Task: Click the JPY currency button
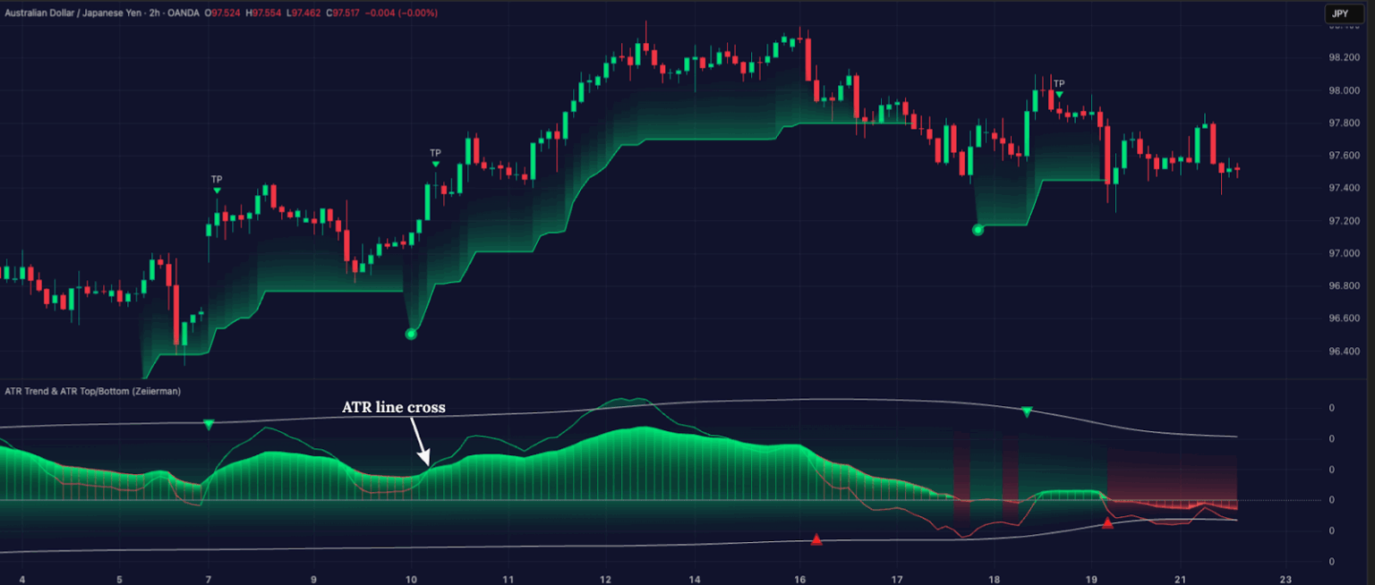1339,13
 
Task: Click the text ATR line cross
394,407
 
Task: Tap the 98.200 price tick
1345,58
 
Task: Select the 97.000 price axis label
1345,254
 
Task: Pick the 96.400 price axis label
1345,352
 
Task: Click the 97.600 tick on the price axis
1345,156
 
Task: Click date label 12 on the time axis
606,580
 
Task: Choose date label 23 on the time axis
1285,580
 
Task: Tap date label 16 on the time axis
799,580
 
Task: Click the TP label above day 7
217,180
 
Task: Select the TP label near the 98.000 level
1059,84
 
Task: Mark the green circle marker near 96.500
411,334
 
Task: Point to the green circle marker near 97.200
978,230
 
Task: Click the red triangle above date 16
816,539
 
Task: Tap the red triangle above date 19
1107,523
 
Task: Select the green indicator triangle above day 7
209,424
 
